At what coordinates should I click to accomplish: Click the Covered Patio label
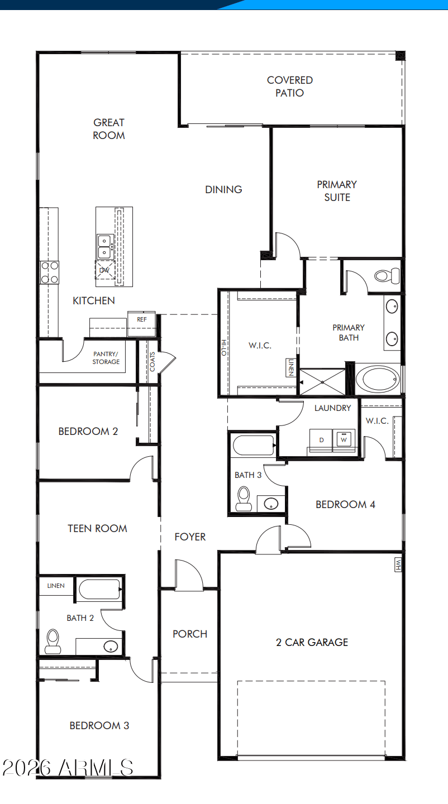tap(290, 87)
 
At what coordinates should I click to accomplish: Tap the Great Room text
tap(109, 129)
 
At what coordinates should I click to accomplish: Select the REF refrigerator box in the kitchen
tap(141, 324)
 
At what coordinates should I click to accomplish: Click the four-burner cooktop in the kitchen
tap(49, 272)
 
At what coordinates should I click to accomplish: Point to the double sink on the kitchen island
tap(105, 247)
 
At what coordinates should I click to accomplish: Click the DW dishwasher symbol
tap(105, 270)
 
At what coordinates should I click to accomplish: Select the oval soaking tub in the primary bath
tap(378, 379)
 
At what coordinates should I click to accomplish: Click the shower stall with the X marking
tap(322, 382)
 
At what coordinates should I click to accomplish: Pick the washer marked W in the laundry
tap(344, 439)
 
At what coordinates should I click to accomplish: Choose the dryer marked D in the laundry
tap(321, 439)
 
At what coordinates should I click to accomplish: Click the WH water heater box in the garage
tap(398, 564)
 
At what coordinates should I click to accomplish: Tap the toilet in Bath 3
tap(244, 499)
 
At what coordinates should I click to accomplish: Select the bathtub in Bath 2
tap(99, 590)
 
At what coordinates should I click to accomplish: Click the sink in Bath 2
tap(111, 647)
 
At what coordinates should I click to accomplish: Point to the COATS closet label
tap(152, 362)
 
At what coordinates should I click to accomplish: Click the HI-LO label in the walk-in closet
tap(223, 348)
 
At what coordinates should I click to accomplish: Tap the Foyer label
tap(190, 537)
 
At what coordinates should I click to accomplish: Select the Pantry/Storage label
tap(106, 358)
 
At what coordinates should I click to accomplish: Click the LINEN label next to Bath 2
tap(56, 586)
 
